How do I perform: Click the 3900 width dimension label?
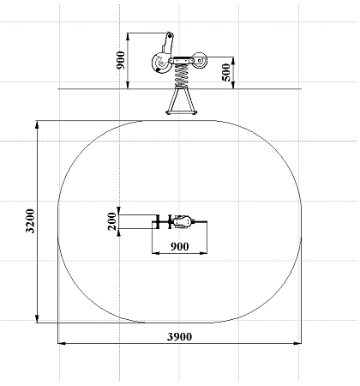[179, 337]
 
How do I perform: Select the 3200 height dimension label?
[30, 221]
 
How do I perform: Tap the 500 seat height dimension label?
[225, 73]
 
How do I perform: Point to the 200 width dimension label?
[112, 221]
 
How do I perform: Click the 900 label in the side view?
[121, 60]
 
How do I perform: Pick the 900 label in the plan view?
[179, 246]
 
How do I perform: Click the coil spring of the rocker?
[181, 75]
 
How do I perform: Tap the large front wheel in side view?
[160, 63]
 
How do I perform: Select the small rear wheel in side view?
[200, 61]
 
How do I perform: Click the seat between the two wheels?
[181, 61]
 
